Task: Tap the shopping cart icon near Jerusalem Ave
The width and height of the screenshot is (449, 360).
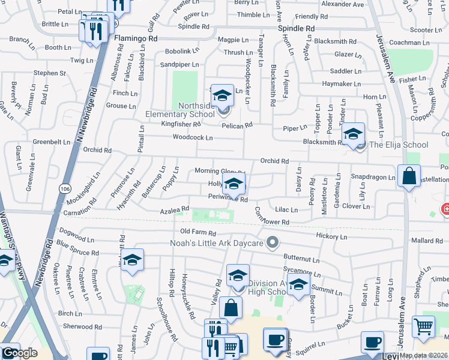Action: coord(423,328)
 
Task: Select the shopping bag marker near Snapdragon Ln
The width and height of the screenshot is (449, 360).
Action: coord(409,177)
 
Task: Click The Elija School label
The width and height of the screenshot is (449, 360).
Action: coord(399,145)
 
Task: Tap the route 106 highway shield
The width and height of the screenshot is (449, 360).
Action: coord(65,188)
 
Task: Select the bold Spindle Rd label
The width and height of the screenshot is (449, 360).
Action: coord(297,28)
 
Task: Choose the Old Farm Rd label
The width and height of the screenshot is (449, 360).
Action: coord(197,232)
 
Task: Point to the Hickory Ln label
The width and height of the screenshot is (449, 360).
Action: coord(335,237)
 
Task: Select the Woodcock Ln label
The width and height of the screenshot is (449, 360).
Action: coord(193,137)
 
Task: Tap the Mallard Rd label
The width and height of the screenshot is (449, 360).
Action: coord(427,241)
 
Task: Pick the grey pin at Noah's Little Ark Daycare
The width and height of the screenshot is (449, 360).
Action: coord(273,243)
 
